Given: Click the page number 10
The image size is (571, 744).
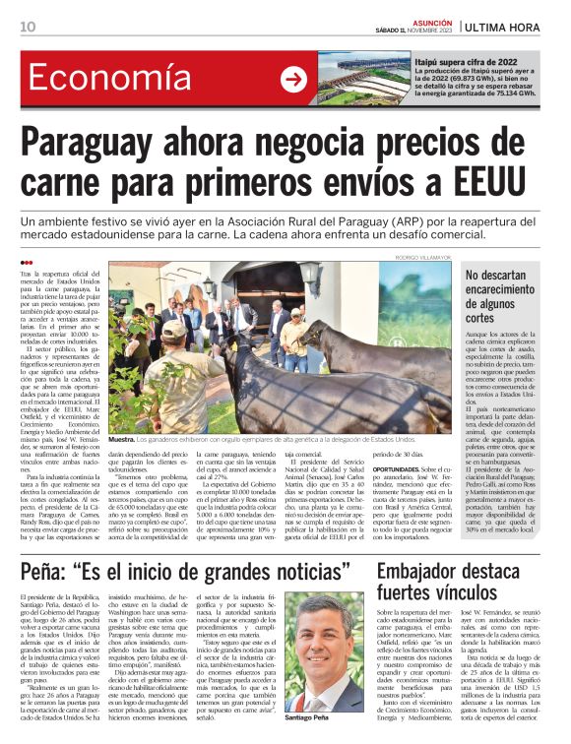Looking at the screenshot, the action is (28, 27).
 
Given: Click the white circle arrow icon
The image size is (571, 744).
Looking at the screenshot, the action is (293, 80).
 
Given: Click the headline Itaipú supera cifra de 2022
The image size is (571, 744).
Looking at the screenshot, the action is (466, 61).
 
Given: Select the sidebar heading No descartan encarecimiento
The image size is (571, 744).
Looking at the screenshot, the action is (504, 298).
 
